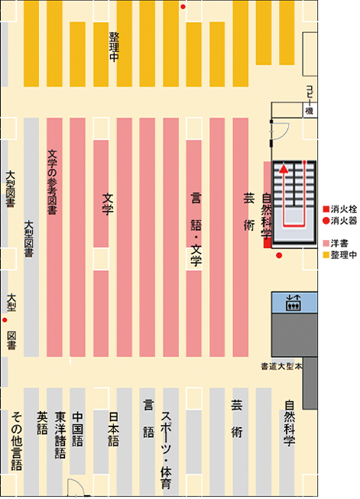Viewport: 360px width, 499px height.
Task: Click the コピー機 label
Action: click(310, 100)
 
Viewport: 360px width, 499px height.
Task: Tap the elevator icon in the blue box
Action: click(294, 303)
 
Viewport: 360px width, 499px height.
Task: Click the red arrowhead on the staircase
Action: click(284, 169)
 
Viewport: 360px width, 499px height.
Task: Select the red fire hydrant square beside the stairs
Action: click(267, 243)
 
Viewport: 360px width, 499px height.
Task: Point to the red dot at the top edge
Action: click(183, 7)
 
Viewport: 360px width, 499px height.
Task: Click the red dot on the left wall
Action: click(5, 320)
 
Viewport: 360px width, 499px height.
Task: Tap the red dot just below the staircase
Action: click(279, 255)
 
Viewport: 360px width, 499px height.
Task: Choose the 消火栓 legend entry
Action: click(340, 209)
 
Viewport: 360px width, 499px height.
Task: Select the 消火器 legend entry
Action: click(340, 221)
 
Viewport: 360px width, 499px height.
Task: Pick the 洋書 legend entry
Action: click(336, 244)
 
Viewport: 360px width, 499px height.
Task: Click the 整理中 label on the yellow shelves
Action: click(114, 47)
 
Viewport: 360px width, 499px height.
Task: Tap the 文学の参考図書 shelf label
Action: click(52, 182)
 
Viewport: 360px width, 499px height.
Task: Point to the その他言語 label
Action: click(17, 442)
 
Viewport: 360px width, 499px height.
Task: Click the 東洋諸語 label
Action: click(60, 435)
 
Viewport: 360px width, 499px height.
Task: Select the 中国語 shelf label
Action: click(78, 429)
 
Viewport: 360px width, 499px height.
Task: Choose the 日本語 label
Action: click(114, 429)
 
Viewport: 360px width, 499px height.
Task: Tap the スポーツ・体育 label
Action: click(166, 450)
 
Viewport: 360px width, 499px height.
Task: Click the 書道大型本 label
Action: click(281, 367)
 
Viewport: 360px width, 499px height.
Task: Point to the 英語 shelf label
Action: click(42, 423)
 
